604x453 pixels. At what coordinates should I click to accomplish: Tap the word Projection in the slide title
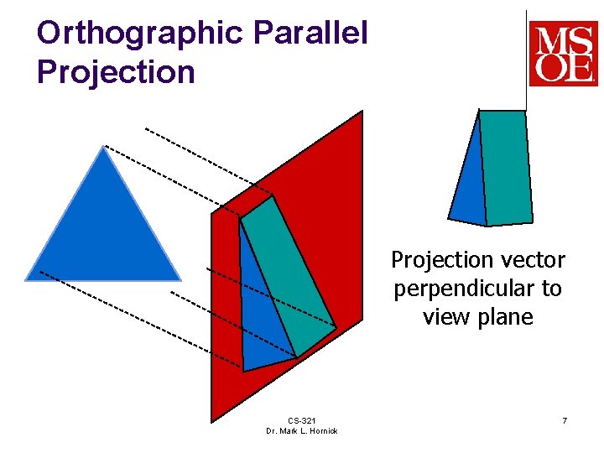[116, 72]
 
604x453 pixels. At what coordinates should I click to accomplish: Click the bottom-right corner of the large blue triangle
[179, 279]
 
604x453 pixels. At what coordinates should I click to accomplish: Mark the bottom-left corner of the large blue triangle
[28, 279]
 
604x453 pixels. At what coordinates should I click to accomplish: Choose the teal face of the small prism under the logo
[506, 168]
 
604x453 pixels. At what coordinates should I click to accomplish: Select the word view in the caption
[445, 317]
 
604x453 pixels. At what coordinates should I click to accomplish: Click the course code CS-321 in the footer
[301, 420]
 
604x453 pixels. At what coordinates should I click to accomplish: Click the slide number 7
[565, 420]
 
